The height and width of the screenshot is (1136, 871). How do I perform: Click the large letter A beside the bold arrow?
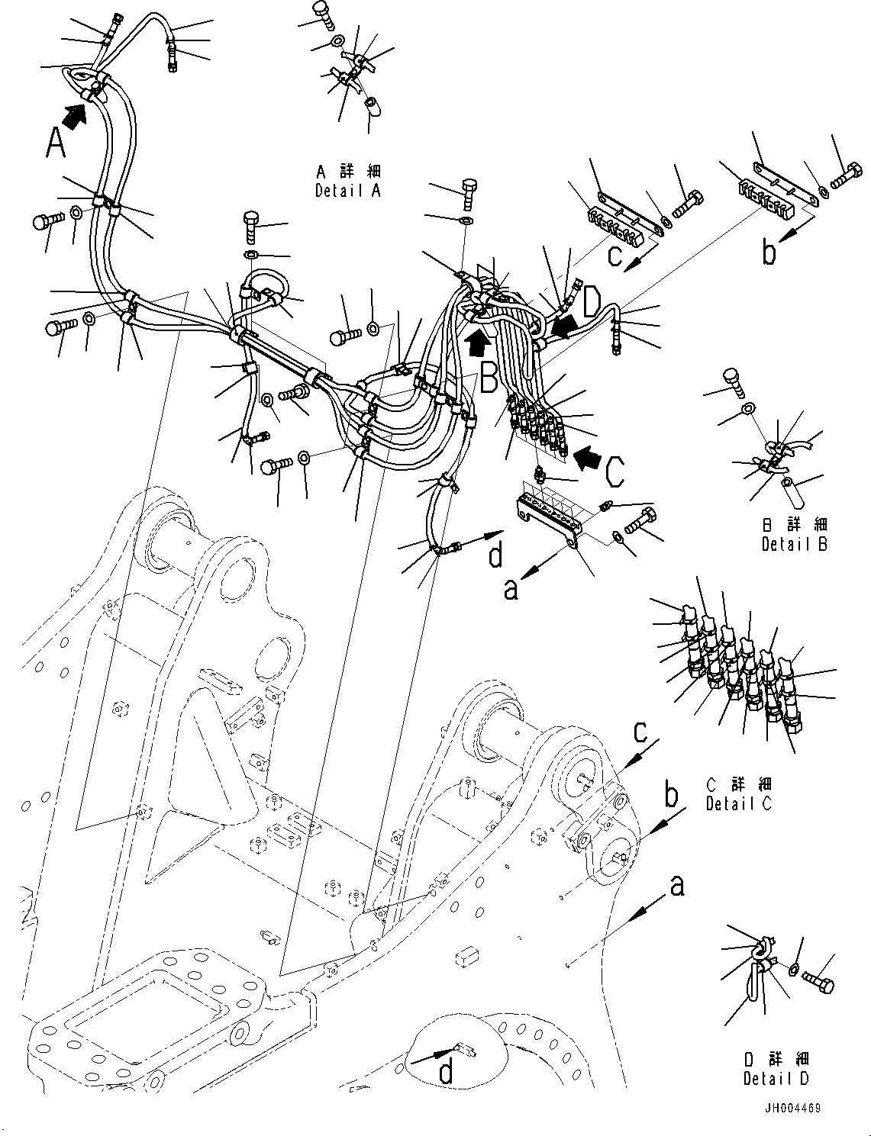click(55, 143)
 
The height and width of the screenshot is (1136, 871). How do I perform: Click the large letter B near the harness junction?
click(489, 376)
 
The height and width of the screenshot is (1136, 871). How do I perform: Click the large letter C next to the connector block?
click(615, 471)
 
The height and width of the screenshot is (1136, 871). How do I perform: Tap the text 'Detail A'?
click(347, 191)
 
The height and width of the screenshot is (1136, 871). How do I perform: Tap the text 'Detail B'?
click(794, 544)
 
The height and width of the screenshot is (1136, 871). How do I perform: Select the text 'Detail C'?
click(739, 803)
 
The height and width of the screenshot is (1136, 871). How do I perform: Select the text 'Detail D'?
click(776, 1079)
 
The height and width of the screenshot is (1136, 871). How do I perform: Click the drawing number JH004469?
click(792, 1108)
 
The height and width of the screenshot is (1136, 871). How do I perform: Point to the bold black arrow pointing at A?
click(74, 116)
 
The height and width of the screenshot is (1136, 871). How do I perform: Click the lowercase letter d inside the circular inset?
click(446, 1073)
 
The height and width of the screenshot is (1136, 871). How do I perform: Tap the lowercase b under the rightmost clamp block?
click(769, 253)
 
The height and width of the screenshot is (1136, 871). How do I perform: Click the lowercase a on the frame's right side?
click(676, 886)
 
